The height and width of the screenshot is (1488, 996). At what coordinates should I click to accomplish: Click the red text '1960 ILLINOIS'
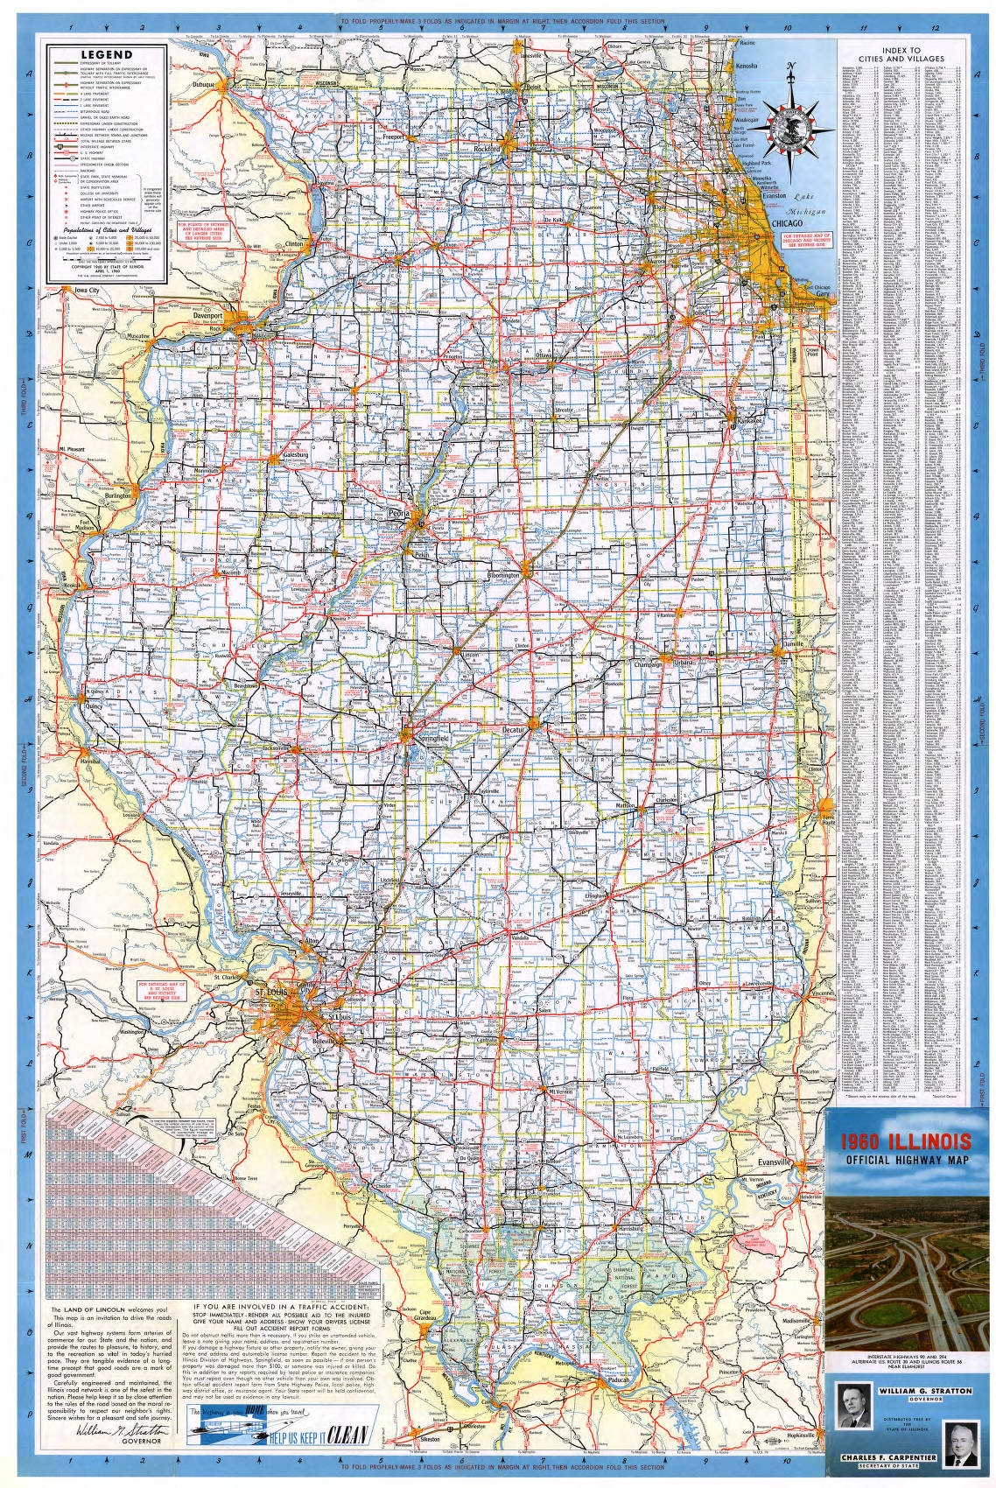point(906,1142)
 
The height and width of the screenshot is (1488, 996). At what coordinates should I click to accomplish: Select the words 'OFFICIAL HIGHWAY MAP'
point(906,1162)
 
